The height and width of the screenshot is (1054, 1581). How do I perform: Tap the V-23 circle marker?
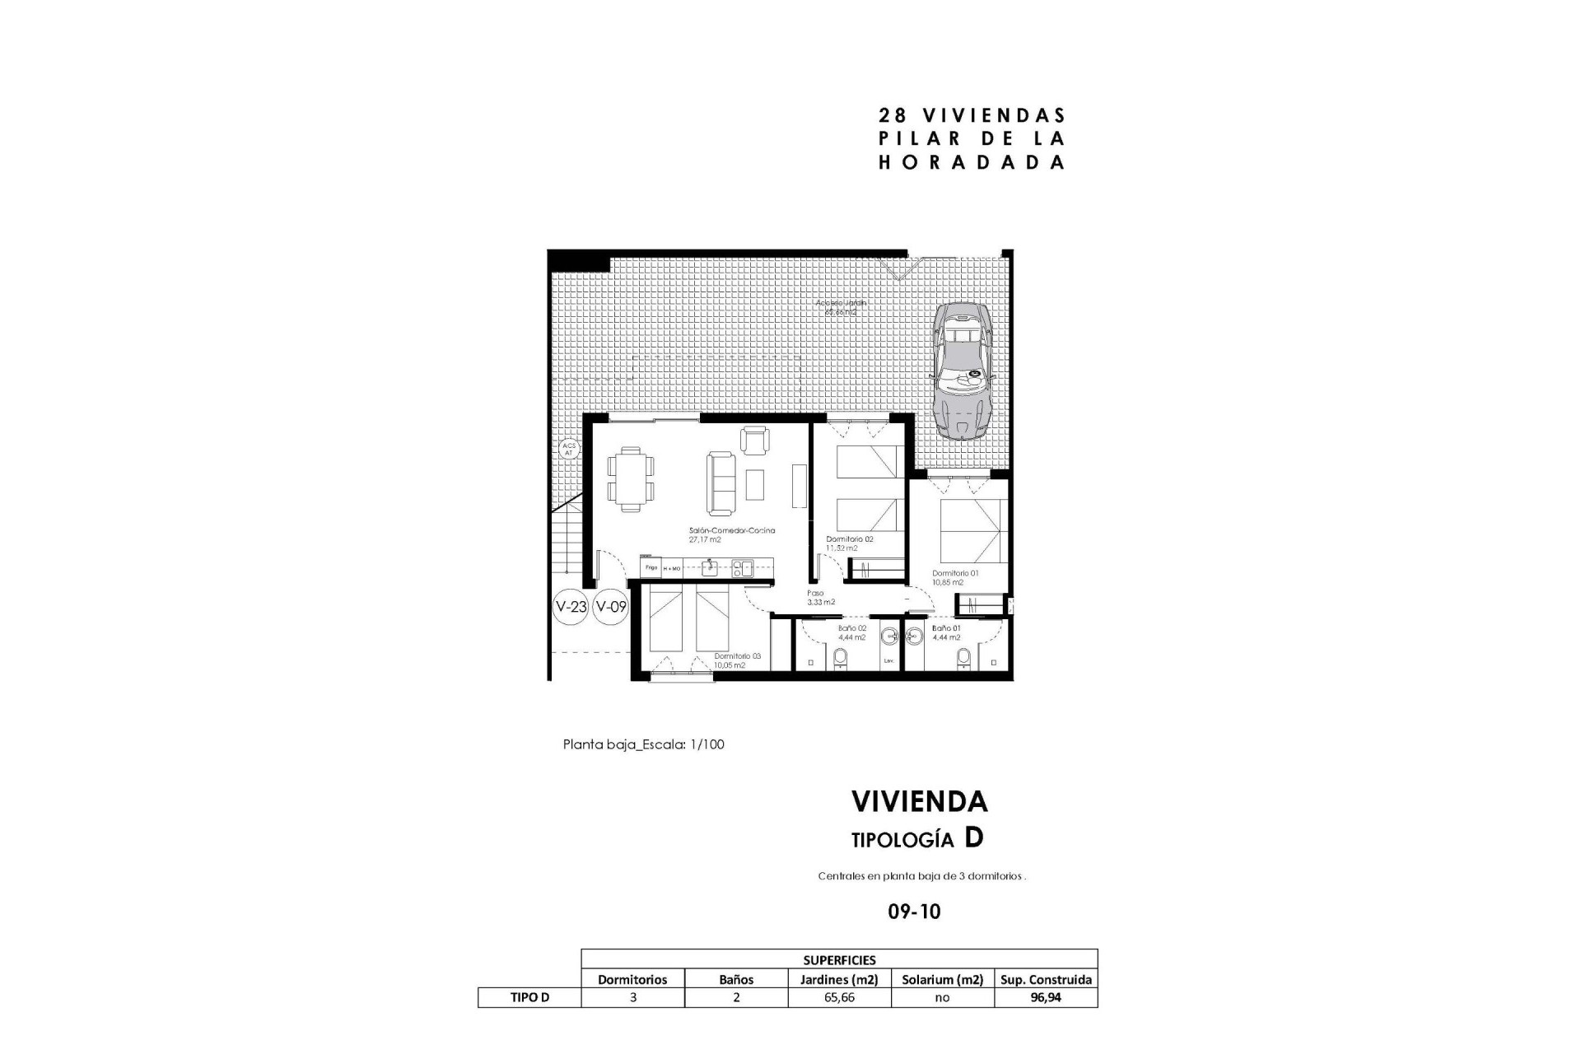[571, 608]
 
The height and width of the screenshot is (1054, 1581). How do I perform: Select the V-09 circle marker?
[611, 608]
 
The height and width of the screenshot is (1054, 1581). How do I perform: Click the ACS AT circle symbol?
[569, 450]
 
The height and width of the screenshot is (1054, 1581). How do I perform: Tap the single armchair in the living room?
[754, 440]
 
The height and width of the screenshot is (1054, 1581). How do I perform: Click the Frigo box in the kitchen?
[651, 568]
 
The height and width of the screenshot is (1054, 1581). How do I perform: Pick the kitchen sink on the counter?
[133, 567]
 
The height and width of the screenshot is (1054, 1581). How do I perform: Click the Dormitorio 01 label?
[955, 573]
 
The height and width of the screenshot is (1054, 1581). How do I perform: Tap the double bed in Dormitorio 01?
[970, 527]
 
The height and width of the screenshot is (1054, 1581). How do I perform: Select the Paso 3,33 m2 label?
[820, 597]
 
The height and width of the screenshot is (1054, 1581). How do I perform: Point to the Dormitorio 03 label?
[737, 656]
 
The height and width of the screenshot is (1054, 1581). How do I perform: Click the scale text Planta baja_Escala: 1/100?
[643, 744]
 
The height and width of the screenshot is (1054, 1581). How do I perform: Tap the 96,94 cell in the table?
[1046, 997]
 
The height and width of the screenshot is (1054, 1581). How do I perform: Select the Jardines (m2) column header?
[839, 979]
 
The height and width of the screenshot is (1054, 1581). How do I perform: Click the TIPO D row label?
[529, 997]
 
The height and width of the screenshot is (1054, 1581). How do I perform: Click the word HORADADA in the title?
[972, 163]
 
